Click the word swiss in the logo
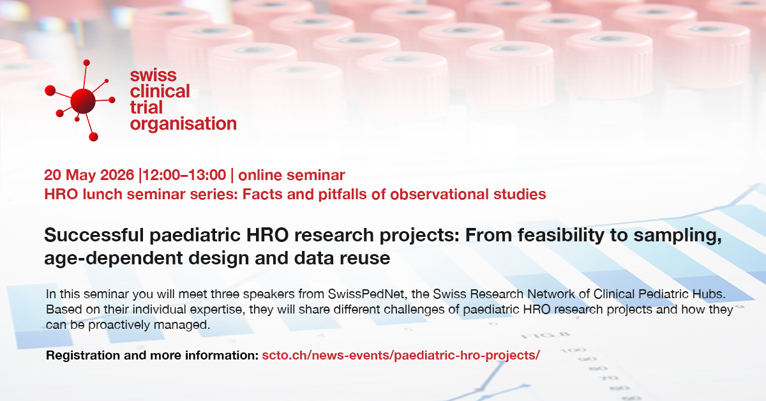[x=153, y=75]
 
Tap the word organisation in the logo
[x=183, y=125]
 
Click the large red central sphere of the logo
[x=83, y=101]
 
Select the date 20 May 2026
[x=89, y=175]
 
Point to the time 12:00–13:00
[x=184, y=175]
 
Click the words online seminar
[x=291, y=175]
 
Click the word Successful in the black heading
[x=94, y=235]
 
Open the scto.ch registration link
[x=401, y=355]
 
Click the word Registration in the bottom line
[x=83, y=356]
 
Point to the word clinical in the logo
[x=160, y=91]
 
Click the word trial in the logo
[x=146, y=107]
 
